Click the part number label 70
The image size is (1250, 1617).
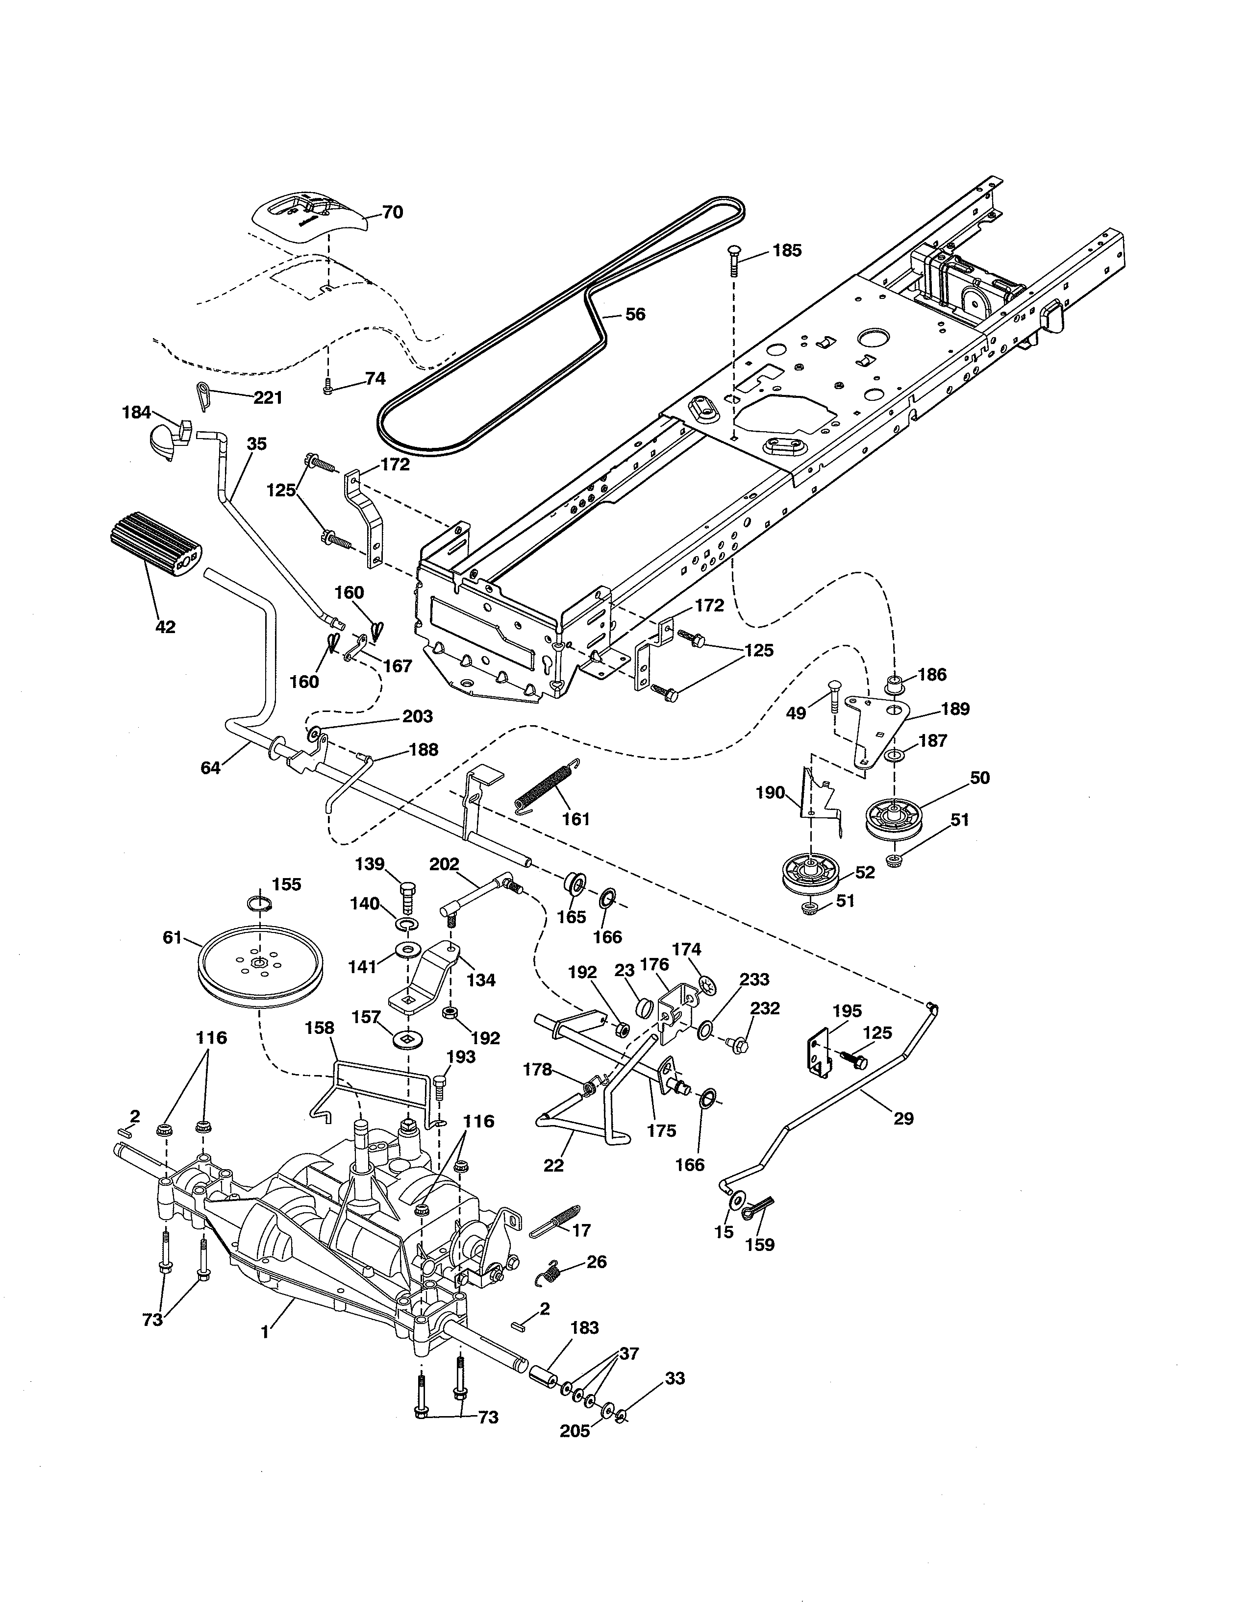tap(393, 213)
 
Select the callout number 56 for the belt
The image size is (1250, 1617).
tap(635, 314)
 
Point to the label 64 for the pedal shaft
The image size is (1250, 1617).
tap(210, 768)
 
